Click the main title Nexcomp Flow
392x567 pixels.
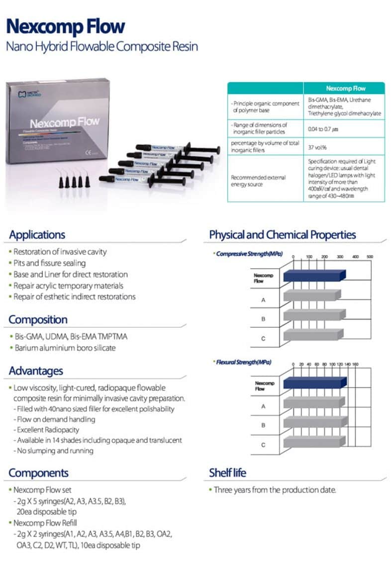(x=65, y=26)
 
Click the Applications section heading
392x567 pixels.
(x=37, y=235)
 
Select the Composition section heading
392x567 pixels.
(x=38, y=319)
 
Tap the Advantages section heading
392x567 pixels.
(x=36, y=371)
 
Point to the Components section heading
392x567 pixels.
(x=38, y=472)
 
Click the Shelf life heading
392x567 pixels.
(x=227, y=472)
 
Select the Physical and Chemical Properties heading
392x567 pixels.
(x=282, y=235)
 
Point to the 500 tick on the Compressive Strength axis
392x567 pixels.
(x=370, y=257)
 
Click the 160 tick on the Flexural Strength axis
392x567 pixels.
(x=355, y=364)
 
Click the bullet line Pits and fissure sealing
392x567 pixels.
(x=49, y=263)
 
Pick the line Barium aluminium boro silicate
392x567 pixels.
(x=64, y=348)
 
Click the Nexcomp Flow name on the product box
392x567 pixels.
(x=64, y=122)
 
